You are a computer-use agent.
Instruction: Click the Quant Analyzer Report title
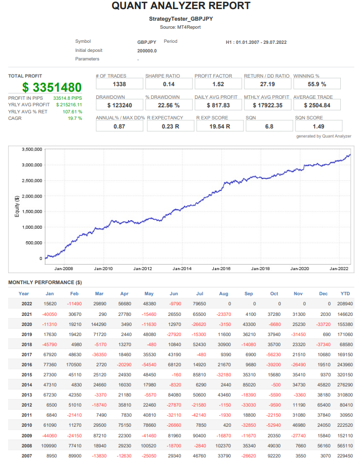tap(181, 6)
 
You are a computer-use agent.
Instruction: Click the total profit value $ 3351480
tap(52, 87)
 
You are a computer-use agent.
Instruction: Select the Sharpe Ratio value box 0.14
tap(168, 84)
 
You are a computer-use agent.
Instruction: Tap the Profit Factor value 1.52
tap(218, 84)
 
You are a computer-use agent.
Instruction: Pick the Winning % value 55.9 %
tap(317, 84)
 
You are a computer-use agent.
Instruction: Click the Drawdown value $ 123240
tap(119, 105)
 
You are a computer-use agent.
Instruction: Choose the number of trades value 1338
tap(119, 84)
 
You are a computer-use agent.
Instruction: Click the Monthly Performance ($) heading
tap(45, 282)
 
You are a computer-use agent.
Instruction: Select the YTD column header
tap(345, 294)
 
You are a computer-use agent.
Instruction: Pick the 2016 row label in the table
tap(27, 364)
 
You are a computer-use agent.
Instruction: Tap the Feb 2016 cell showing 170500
tap(74, 364)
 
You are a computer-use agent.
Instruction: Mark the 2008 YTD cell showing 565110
tap(345, 446)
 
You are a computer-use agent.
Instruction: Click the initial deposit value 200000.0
tap(147, 51)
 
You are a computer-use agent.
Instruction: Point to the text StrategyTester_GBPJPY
tap(181, 19)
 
